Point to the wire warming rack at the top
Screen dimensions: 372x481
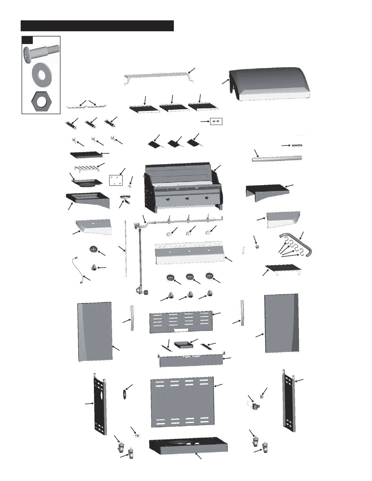(160, 76)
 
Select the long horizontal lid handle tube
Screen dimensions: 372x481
(277, 159)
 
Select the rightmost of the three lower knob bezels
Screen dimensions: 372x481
(209, 276)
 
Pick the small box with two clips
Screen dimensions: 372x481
(216, 121)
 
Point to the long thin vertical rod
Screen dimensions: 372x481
(126, 249)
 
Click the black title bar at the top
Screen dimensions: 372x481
(97, 26)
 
